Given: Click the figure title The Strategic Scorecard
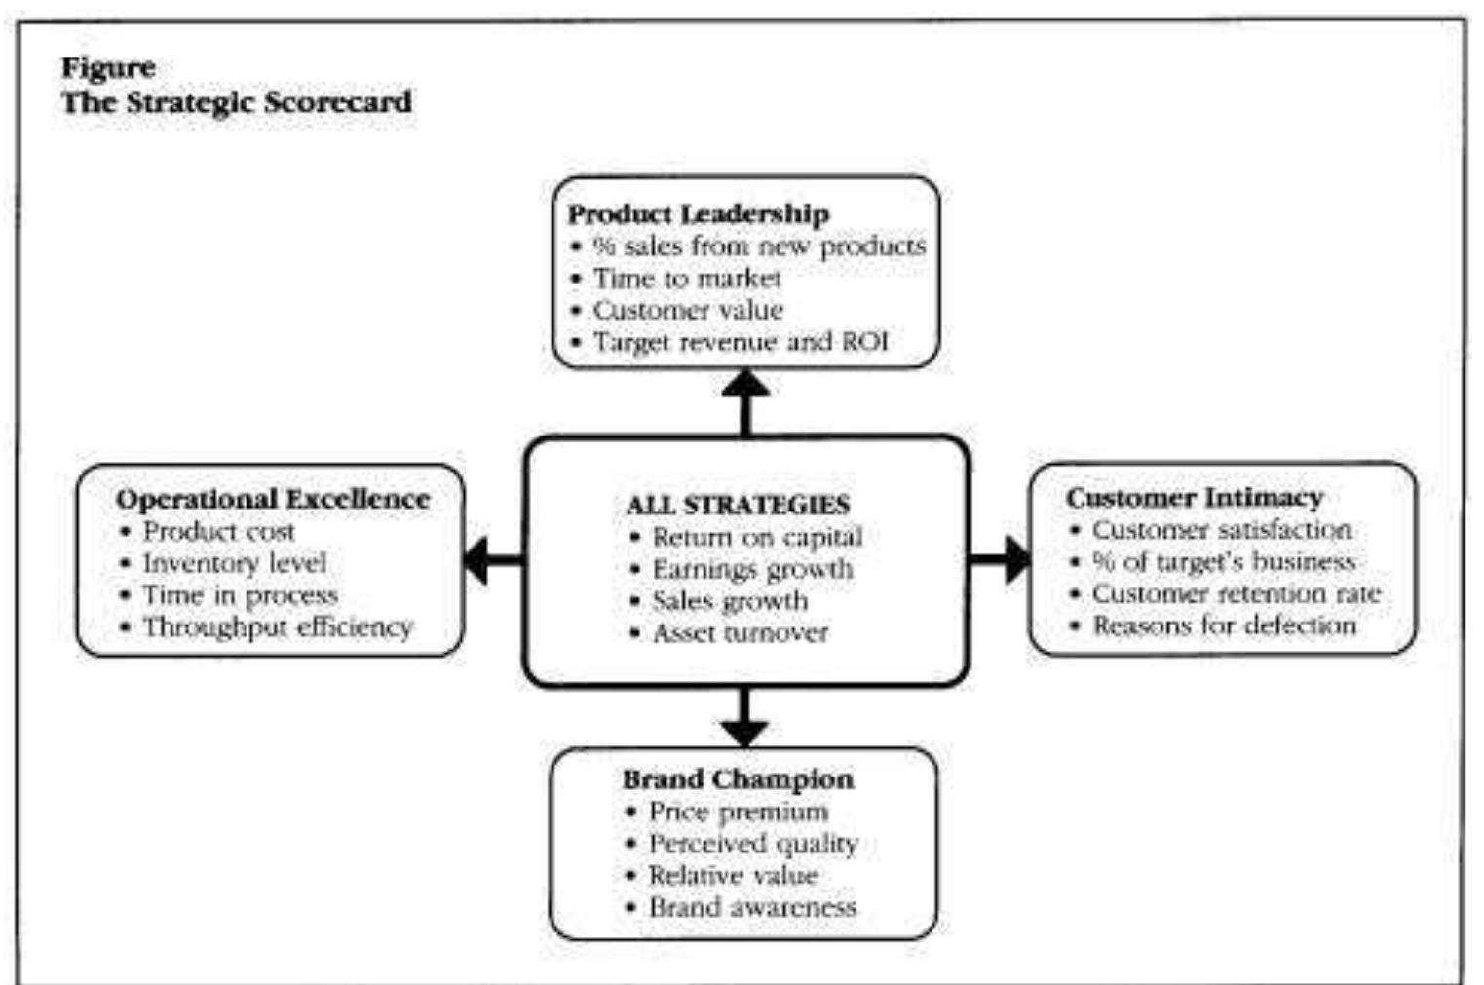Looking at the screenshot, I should tap(237, 101).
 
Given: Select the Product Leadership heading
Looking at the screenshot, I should tap(699, 213).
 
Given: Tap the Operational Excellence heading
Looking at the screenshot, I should tap(273, 499).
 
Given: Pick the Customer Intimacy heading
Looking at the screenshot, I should tap(1195, 497).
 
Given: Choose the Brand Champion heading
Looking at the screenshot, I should tap(738, 779).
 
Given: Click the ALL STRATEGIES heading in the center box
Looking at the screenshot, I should tap(738, 505).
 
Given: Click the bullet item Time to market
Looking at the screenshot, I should tap(687, 279).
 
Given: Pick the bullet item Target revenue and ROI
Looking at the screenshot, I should tap(741, 342).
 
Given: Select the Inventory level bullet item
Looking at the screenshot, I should tap(234, 563).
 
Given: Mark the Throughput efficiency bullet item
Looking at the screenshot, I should tap(278, 626).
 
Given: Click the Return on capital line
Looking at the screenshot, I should tap(757, 537).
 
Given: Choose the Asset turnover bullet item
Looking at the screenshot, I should tap(740, 633).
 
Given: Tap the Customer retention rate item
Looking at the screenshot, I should tap(1236, 593).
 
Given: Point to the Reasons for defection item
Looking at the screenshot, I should tap(1224, 625).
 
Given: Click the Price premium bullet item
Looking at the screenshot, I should tap(738, 812).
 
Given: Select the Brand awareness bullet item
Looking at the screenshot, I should tap(752, 907).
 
